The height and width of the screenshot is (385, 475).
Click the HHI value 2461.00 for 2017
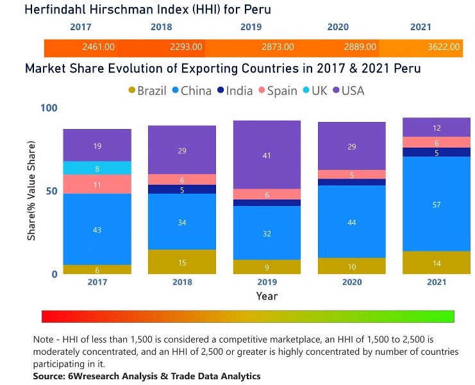coord(99,47)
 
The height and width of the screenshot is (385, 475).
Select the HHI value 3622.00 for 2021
coord(444,47)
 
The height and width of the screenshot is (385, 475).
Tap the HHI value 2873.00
coord(278,47)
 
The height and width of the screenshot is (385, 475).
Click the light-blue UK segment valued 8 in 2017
coord(97,168)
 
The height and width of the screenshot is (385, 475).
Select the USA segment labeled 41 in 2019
coord(267,155)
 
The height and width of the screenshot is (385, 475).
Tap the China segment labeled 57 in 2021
coord(437,204)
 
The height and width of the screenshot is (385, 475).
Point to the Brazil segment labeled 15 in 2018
coord(181,262)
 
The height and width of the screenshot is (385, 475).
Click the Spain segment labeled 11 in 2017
coord(97,184)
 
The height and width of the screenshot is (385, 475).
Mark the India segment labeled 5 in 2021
coord(437,153)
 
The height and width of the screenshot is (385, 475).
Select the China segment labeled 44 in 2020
coord(352,221)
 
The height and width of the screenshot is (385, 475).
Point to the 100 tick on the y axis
coord(49,108)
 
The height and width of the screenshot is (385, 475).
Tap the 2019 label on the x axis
coord(267,282)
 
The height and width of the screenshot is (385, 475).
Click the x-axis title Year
coord(267,296)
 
